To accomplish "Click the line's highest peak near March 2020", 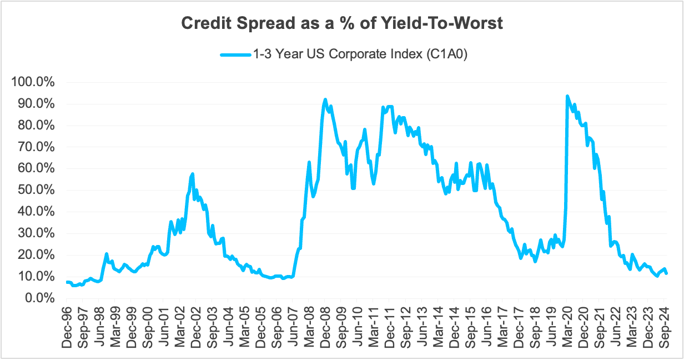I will coord(567,96).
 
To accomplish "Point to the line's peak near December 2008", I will coord(325,99).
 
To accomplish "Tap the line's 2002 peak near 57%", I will coord(193,174).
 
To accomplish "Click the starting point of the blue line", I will coord(67,282).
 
